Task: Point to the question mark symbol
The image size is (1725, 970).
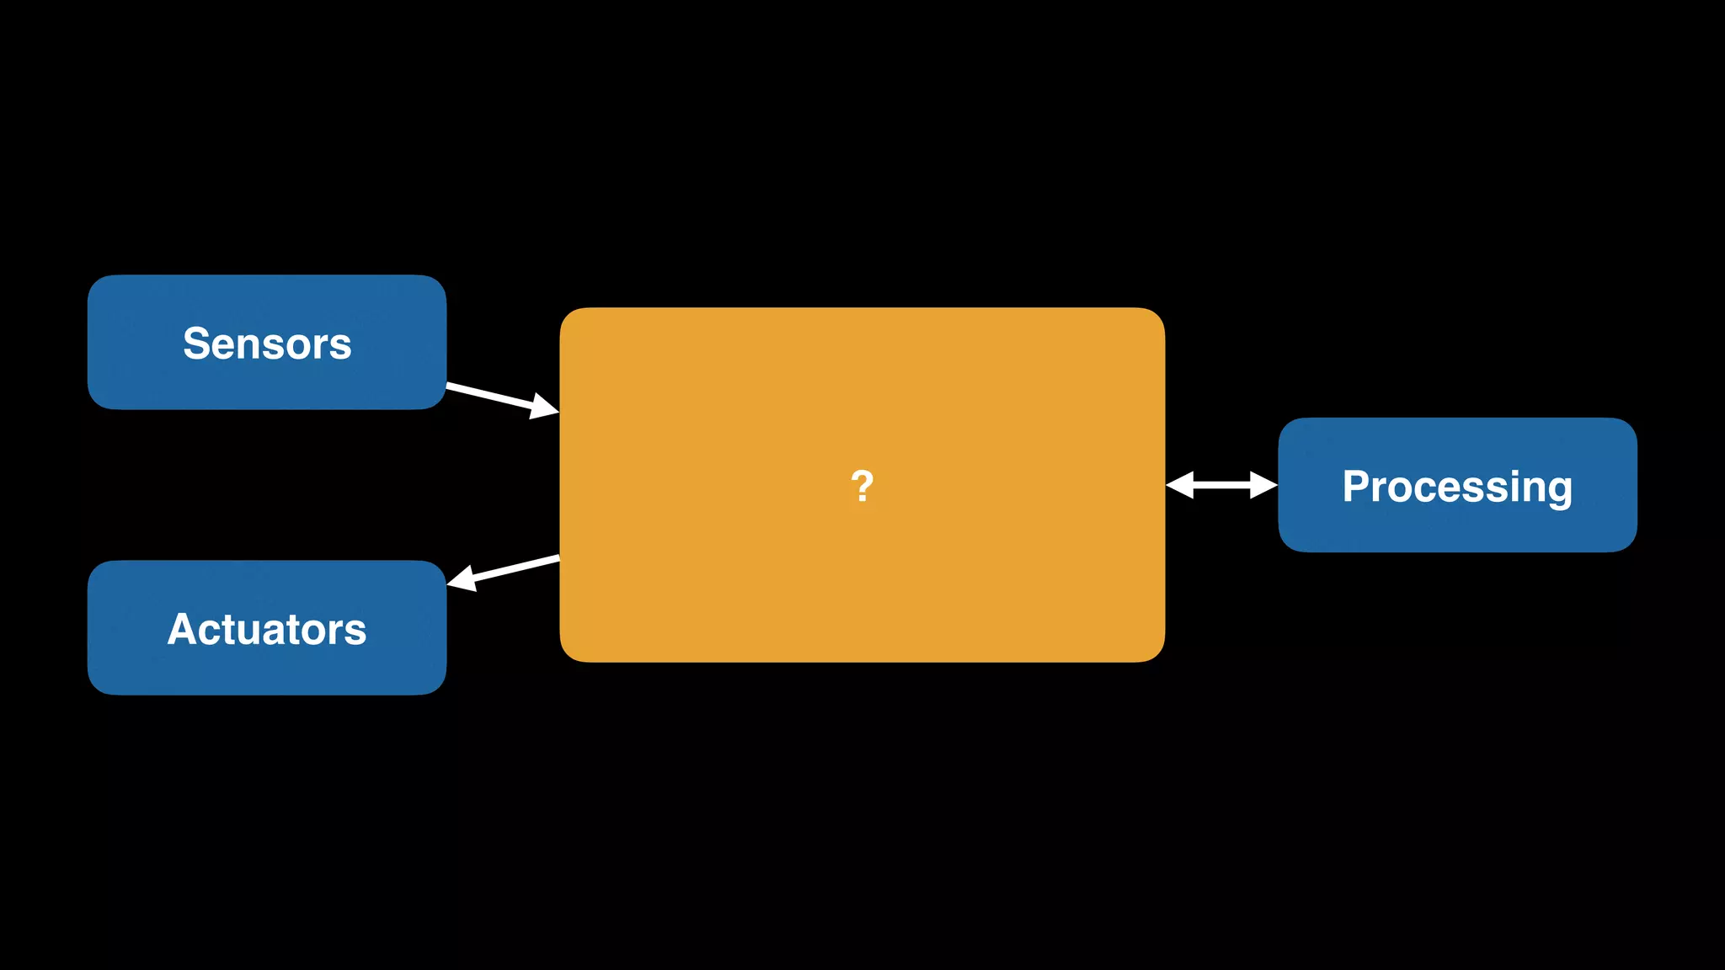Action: (x=862, y=487)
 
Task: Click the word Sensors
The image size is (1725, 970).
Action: (x=267, y=344)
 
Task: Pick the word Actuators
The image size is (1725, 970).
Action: (x=267, y=629)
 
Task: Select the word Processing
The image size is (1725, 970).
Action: (x=1457, y=487)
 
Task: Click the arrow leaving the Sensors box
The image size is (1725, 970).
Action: (x=497, y=397)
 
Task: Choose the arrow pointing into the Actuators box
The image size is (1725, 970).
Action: (x=505, y=570)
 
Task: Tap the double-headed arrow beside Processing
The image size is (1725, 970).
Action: (x=1221, y=485)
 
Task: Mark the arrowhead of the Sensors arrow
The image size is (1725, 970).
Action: (x=544, y=407)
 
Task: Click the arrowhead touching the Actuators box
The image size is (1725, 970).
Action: (x=463, y=578)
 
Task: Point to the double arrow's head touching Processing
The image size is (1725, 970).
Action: (x=1263, y=485)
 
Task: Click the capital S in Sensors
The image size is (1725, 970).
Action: (x=196, y=344)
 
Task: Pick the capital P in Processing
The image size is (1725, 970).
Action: (x=1356, y=486)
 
